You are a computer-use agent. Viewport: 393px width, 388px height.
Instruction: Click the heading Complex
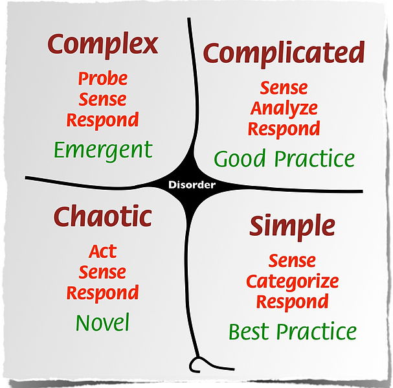point(102,45)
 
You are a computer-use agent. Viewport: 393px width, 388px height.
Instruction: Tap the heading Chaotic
point(102,216)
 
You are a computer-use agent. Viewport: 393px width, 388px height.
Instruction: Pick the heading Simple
point(292,226)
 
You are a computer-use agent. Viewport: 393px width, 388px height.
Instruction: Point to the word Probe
point(102,79)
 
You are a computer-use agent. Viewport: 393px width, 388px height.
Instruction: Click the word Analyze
point(284,108)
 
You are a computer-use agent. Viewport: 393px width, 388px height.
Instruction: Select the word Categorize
point(292,282)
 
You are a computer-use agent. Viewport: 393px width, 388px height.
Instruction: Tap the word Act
point(102,251)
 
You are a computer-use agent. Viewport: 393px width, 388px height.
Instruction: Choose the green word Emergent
point(102,150)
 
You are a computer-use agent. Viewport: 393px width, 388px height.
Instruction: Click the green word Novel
point(102,322)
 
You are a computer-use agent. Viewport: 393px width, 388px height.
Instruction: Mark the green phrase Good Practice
point(284,159)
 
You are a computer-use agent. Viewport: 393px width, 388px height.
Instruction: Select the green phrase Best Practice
point(292,332)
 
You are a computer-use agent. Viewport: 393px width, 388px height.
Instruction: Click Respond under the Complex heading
point(102,120)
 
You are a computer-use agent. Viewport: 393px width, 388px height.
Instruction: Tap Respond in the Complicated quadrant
point(284,128)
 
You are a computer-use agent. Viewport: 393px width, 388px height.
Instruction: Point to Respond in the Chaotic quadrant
point(102,293)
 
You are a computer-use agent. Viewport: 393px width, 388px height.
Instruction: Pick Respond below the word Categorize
point(292,302)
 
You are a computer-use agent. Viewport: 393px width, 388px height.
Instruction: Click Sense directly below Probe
point(102,100)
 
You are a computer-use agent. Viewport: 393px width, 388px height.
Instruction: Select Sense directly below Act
point(102,272)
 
